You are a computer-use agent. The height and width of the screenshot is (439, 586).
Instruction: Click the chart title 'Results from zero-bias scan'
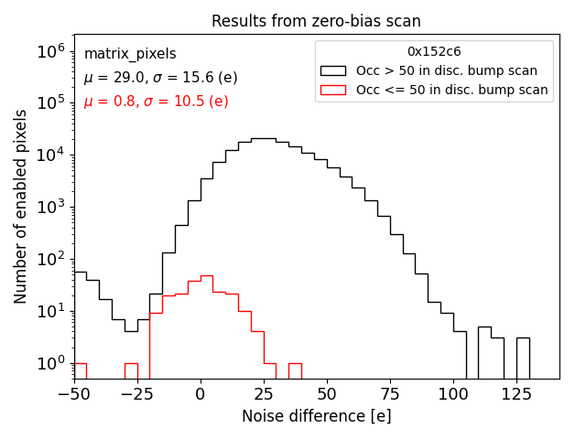coord(316,21)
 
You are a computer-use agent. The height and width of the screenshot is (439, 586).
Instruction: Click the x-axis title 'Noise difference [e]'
coord(316,416)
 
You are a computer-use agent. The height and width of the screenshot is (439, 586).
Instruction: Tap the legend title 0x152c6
coord(434,51)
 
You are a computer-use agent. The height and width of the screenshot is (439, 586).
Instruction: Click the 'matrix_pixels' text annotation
coord(130,54)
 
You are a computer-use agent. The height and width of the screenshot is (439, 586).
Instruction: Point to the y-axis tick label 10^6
coord(48,51)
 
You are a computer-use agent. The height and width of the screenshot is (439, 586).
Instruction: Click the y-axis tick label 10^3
coord(48,207)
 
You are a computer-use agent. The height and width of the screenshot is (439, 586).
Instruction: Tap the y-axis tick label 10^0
coord(48,363)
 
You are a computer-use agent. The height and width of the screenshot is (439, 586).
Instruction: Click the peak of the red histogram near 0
coord(207,276)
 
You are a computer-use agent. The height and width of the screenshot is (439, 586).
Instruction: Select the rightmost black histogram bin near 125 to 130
coord(523,358)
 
